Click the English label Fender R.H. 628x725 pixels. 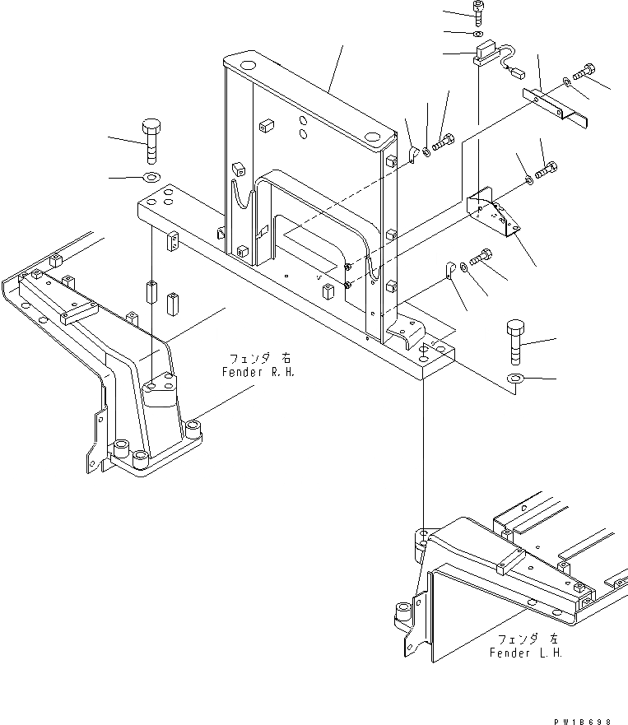click(x=258, y=372)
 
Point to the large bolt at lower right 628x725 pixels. click(x=513, y=339)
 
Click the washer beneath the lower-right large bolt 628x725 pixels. click(x=515, y=379)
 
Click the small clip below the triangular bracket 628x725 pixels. click(x=449, y=269)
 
